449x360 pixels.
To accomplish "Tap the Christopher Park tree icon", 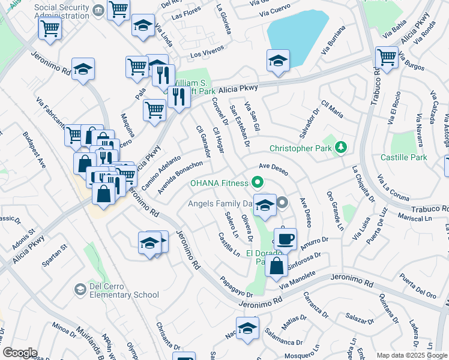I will click(342, 147).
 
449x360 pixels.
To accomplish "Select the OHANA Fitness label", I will click(218, 182).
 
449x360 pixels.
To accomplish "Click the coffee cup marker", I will click(286, 238).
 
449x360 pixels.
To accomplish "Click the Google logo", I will click(20, 353).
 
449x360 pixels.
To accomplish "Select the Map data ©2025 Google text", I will click(411, 355).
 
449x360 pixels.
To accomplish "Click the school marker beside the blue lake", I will click(278, 61).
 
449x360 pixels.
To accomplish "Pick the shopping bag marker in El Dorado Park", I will click(276, 266).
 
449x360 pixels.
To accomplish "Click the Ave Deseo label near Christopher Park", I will click(273, 169).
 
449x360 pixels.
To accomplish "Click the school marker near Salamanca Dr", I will click(247, 328).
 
